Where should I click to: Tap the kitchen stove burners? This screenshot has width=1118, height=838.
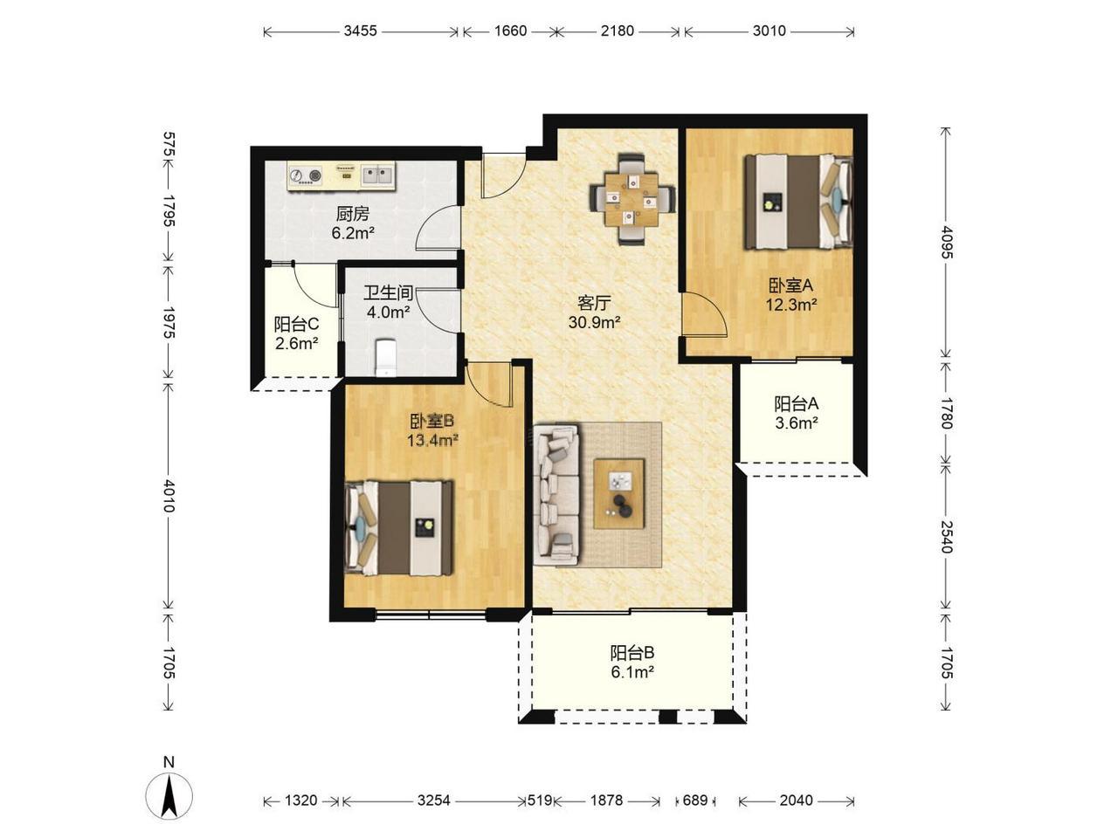coord(306,176)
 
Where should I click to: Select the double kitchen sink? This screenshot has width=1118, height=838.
coord(378,175)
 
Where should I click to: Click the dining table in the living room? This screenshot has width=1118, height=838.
coord(632,199)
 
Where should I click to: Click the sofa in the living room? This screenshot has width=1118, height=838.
coord(556,495)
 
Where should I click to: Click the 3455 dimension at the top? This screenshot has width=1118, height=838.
coord(360,31)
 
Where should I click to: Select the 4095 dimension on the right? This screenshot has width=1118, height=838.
coord(946,242)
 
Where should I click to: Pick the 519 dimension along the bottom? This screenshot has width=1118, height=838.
coord(540,800)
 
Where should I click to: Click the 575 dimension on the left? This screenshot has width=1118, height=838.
coord(169,145)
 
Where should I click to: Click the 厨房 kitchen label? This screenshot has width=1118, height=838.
coord(353,214)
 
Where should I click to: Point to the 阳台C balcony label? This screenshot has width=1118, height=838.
coord(296,324)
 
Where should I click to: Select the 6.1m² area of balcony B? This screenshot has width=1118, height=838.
coord(632,672)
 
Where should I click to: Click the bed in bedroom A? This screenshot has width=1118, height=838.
coord(798,202)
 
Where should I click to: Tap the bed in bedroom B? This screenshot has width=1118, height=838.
coord(399,527)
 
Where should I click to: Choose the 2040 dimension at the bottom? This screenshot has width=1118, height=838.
coord(796,800)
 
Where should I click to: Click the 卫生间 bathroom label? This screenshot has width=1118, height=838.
coord(388,292)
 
